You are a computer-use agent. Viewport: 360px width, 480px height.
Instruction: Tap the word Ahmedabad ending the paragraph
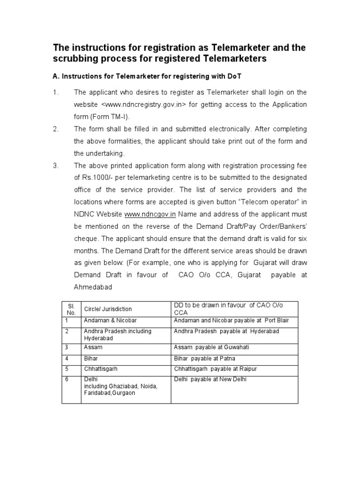[94, 287]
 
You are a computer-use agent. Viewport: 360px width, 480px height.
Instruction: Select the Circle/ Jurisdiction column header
[107, 309]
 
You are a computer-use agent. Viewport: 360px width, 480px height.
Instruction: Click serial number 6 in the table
[67, 379]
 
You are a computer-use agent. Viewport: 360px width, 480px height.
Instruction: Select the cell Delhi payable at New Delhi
[210, 379]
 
